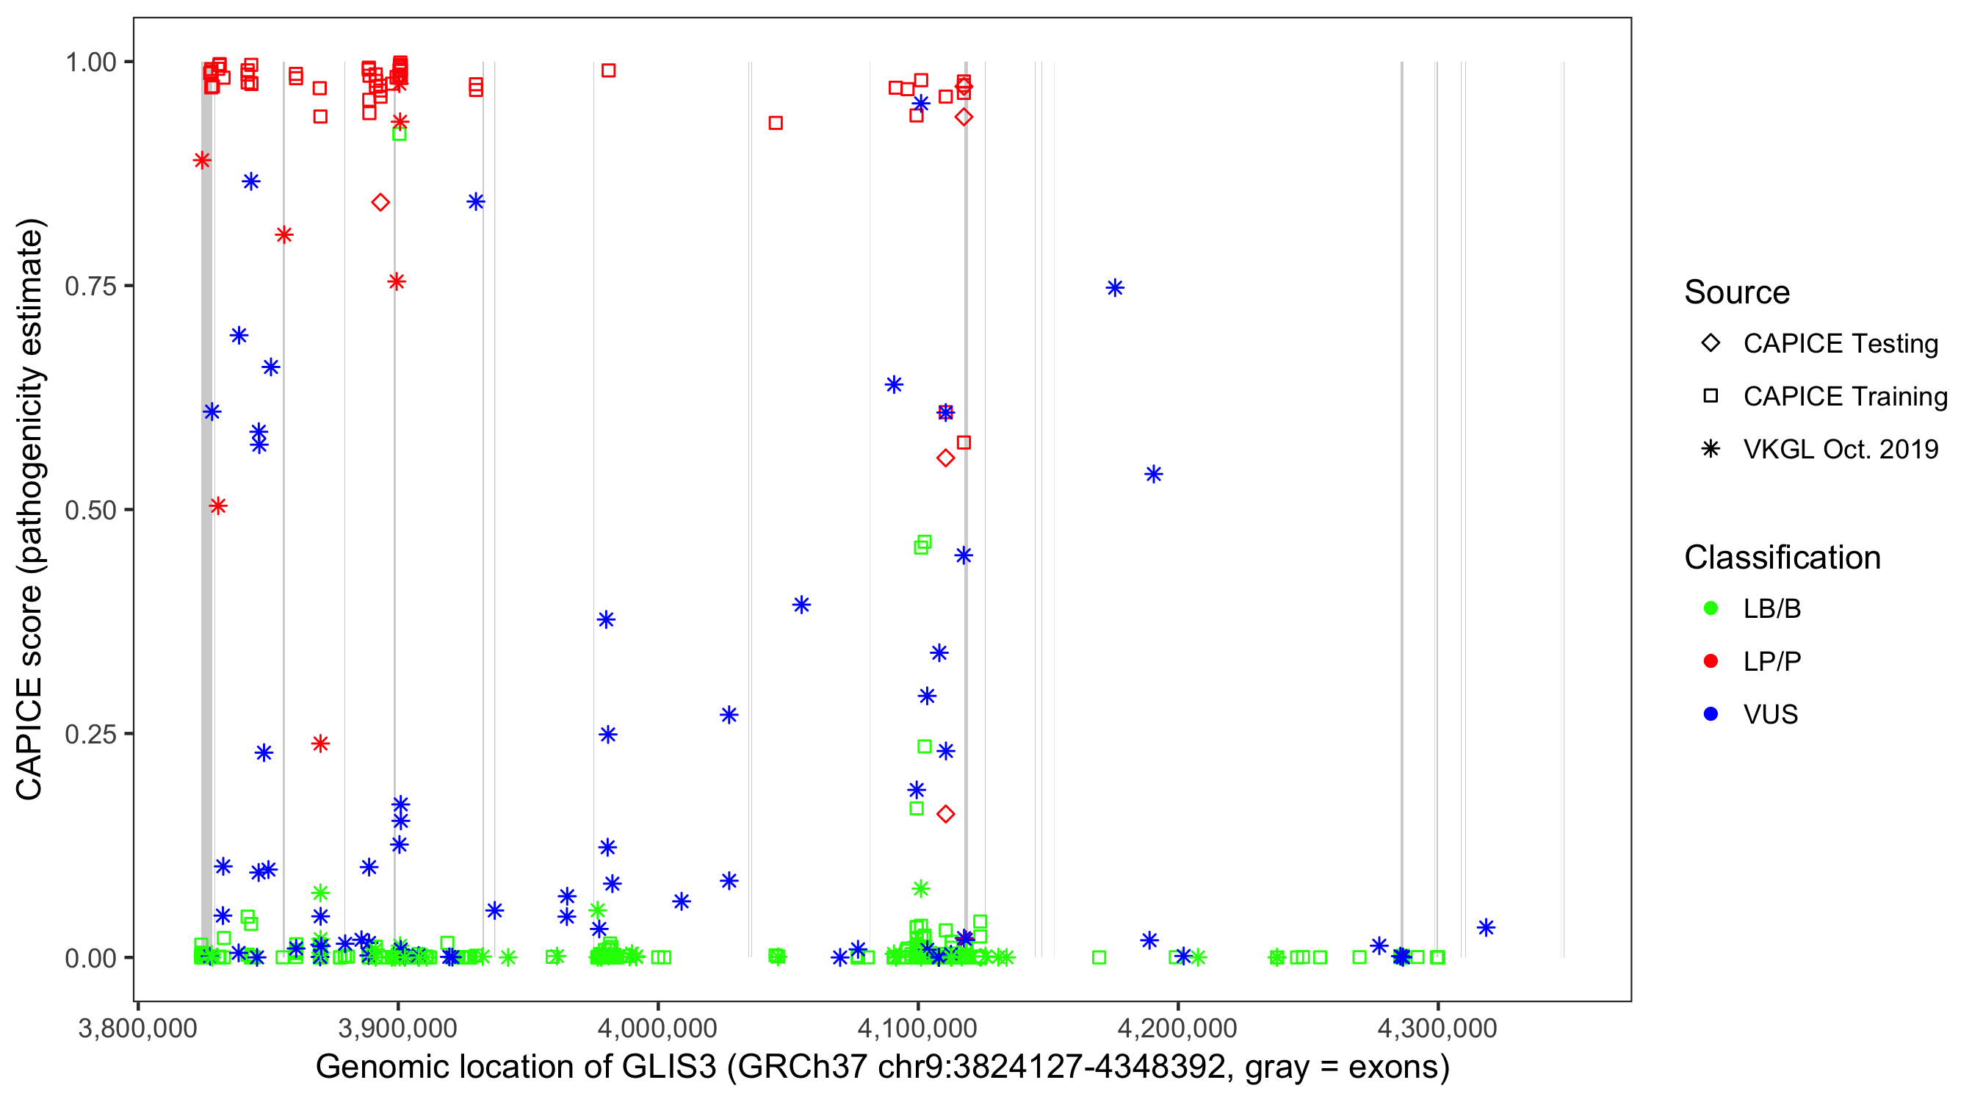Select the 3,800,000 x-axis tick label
point(137,1028)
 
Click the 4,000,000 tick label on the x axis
point(657,1028)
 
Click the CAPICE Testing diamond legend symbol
point(1711,342)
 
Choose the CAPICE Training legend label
point(1845,397)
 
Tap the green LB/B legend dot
point(1711,608)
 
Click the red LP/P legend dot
point(1711,661)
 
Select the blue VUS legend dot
point(1711,714)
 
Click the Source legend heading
point(1737,292)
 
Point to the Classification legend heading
point(1782,558)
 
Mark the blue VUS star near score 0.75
point(1115,288)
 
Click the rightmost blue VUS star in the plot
point(1486,928)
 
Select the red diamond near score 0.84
point(380,203)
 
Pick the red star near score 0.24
point(320,743)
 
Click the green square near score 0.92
point(399,134)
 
